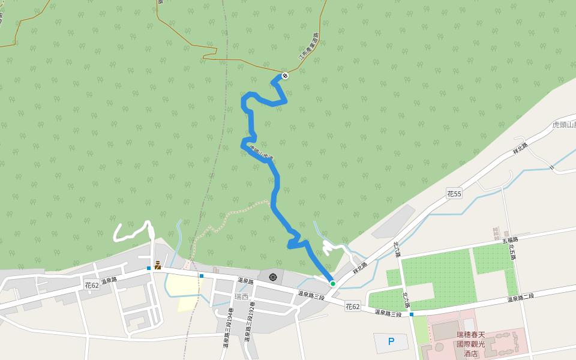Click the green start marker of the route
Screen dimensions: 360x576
pos(332,283)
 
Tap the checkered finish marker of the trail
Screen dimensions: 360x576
pos(285,76)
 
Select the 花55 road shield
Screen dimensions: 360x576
pos(454,193)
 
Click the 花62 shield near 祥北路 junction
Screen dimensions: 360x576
pos(352,307)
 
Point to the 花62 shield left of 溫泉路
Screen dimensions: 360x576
pos(92,285)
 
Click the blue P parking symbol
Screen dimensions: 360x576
pos(391,342)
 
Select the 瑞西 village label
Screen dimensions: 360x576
pos(241,296)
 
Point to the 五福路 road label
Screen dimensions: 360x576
pos(510,241)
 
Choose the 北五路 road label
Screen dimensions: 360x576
pos(513,251)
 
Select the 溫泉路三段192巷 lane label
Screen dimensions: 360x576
pos(250,327)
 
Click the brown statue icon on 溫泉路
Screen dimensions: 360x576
pos(157,265)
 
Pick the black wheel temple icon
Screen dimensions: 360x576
pos(274,277)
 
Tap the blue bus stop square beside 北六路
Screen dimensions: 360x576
pos(411,314)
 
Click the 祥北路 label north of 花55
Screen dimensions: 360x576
pos(520,149)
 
